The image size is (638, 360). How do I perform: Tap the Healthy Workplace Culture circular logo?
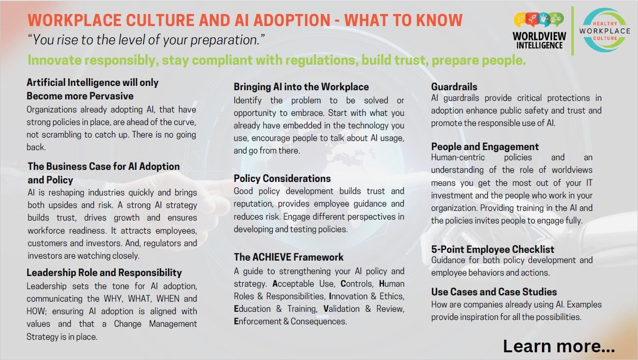[x=605, y=30]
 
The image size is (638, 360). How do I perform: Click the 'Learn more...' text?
[x=559, y=346]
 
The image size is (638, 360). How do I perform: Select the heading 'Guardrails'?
[x=454, y=86]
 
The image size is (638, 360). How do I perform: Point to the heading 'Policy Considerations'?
[x=282, y=179]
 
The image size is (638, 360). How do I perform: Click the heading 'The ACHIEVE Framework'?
[x=289, y=257]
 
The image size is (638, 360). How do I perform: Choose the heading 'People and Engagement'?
[x=485, y=147]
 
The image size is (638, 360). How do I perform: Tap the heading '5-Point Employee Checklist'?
[x=492, y=249]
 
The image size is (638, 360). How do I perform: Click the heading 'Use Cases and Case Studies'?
[x=494, y=292]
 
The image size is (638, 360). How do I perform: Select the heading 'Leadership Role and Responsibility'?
[x=104, y=273]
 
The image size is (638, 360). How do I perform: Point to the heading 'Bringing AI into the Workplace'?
[x=301, y=87]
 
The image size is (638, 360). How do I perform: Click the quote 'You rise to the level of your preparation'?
[x=146, y=40]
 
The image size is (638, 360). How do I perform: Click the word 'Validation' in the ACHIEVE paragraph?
[x=341, y=309]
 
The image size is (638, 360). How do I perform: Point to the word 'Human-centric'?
[x=458, y=157]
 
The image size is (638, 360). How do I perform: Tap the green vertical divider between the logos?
[x=572, y=31]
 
